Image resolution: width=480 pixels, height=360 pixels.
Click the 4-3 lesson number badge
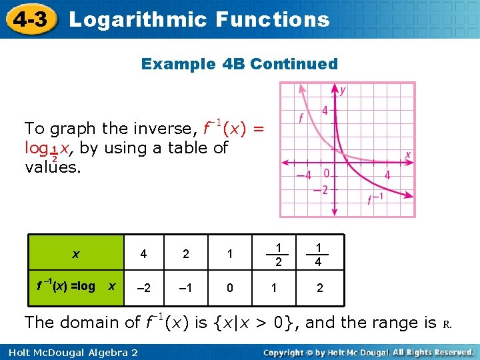[x=28, y=19]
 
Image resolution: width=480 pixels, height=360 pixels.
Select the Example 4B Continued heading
[x=239, y=64]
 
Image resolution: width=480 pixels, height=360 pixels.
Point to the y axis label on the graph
[x=343, y=89]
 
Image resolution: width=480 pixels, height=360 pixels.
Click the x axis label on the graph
[x=408, y=154]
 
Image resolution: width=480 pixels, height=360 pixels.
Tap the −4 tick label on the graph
[x=303, y=175]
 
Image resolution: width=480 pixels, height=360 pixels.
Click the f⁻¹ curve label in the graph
[x=376, y=199]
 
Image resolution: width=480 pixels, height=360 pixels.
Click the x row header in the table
[x=75, y=254]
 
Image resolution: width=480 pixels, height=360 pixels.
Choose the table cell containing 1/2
[x=275, y=253]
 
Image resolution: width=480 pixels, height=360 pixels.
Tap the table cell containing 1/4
[x=318, y=253]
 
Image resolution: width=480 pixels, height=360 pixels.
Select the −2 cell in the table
[x=143, y=287]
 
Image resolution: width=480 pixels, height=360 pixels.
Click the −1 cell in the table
[x=186, y=287]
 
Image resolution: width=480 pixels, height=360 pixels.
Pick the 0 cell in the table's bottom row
[x=230, y=287]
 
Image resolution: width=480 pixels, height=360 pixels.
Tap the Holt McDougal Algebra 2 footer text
[x=70, y=351]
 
